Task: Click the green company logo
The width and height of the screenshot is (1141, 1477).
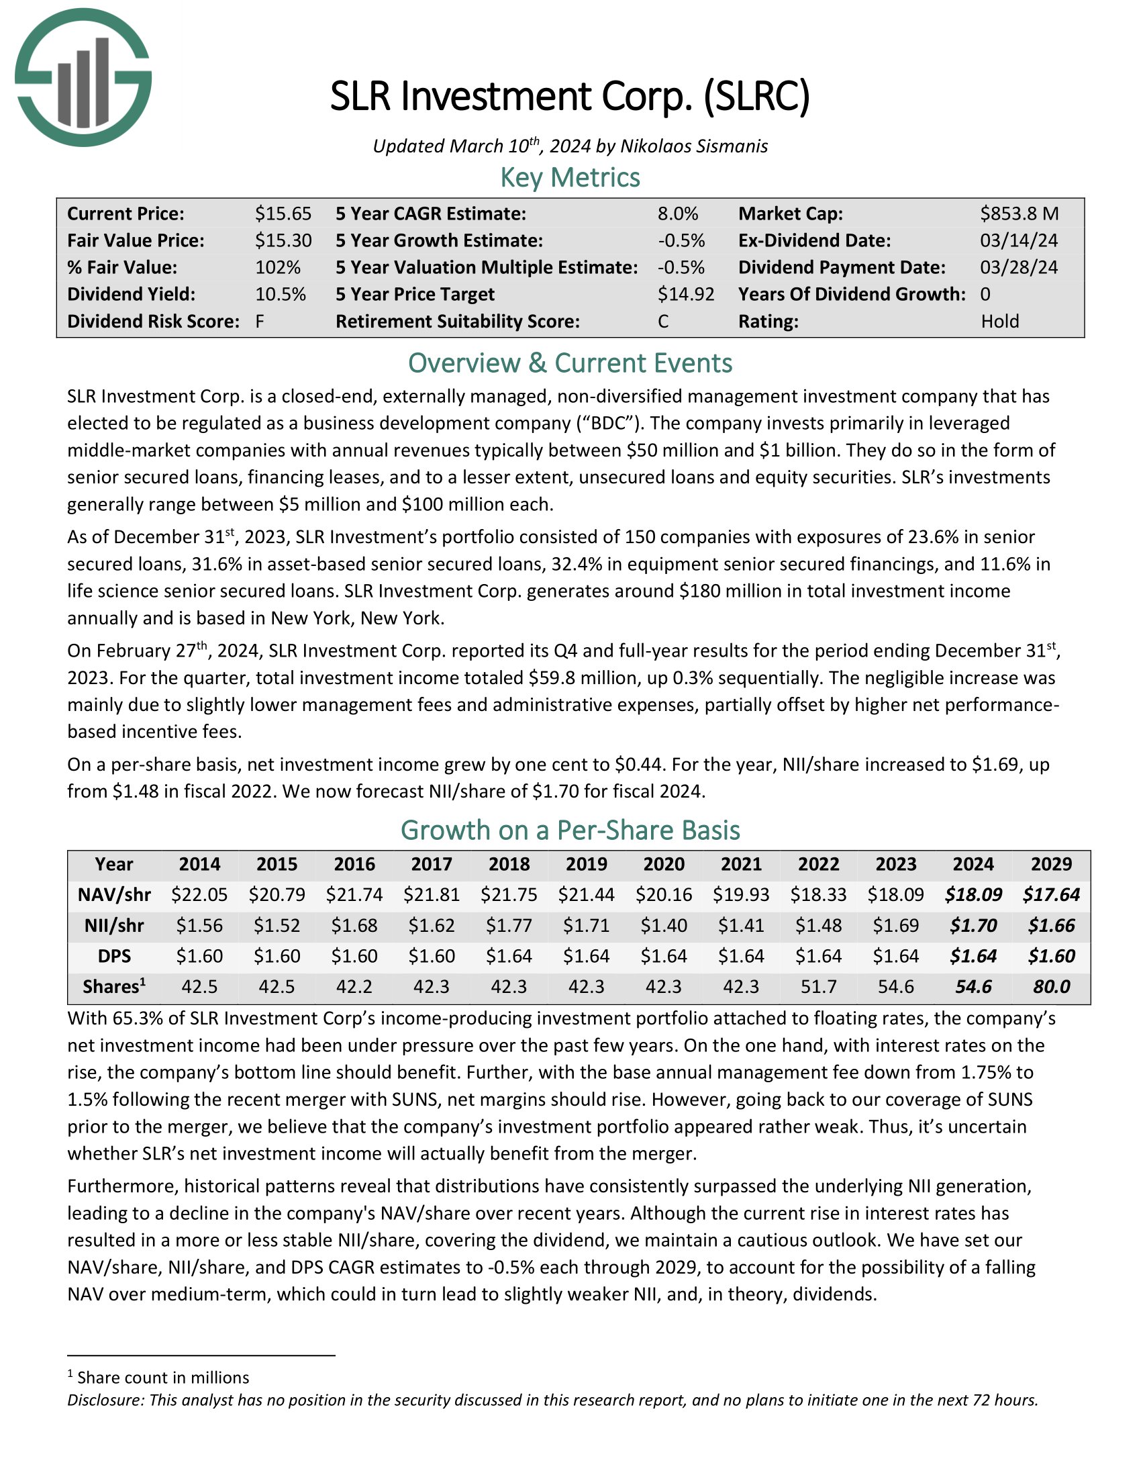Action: [83, 78]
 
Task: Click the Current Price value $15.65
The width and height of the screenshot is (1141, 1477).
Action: [283, 213]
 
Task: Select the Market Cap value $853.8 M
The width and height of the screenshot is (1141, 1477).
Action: [1020, 213]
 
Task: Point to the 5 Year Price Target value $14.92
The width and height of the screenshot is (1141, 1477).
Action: [685, 294]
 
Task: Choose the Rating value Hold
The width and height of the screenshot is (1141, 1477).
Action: [1000, 321]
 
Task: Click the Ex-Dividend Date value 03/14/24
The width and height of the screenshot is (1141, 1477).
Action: [1019, 241]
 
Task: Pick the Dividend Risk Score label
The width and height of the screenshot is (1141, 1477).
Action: [154, 321]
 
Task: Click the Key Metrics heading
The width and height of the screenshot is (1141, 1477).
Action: [570, 177]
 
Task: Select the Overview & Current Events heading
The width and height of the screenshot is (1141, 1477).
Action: [570, 363]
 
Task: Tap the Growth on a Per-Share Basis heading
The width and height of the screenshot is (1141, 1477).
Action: [570, 830]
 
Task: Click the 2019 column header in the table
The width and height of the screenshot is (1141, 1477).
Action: [587, 864]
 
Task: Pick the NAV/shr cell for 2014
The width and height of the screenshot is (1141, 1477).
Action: [199, 895]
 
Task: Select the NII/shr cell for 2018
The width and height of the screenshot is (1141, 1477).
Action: [509, 925]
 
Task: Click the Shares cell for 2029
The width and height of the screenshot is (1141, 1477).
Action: [1051, 987]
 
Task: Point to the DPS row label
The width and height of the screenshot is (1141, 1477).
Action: [114, 956]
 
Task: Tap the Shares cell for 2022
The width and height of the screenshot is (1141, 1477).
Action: [819, 987]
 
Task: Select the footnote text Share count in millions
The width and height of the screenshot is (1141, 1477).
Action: [163, 1378]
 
